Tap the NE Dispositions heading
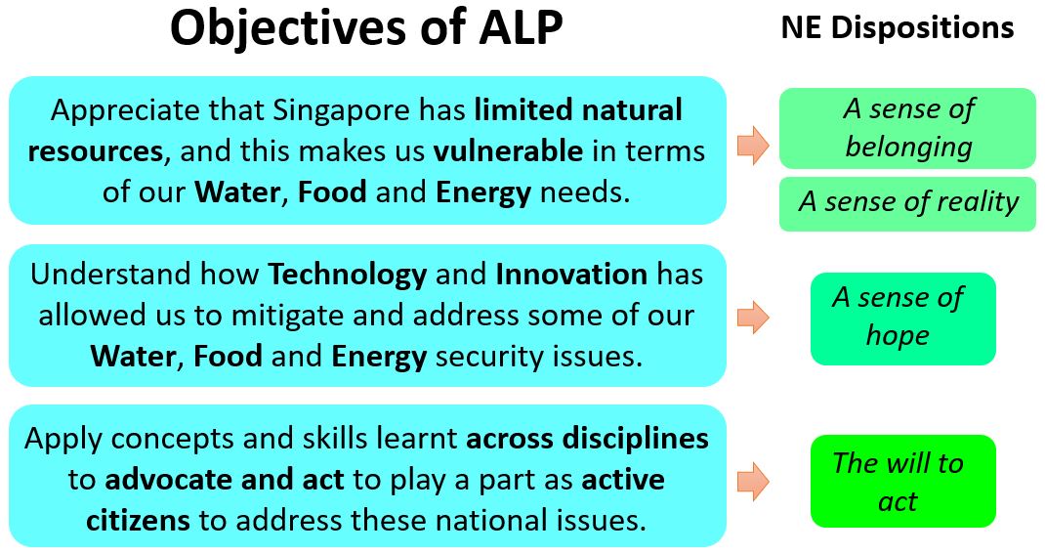point(897,28)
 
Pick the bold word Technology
point(347,275)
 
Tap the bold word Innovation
point(571,275)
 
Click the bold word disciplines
point(635,439)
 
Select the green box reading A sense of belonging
point(907,128)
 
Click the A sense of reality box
point(907,203)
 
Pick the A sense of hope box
point(902,318)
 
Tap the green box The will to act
point(902,481)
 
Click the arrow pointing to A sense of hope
point(752,317)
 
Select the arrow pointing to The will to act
point(752,480)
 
